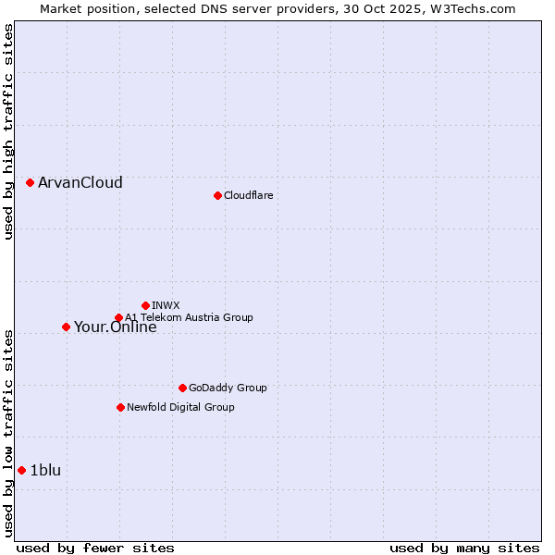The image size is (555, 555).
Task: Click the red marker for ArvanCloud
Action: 30,182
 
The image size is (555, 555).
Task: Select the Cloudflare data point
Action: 217,195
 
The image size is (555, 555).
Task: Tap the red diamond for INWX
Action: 145,305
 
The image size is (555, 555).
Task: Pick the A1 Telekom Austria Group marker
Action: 118,318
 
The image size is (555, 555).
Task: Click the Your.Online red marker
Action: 66,327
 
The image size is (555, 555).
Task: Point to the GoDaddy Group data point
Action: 182,388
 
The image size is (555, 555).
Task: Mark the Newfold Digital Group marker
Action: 120,407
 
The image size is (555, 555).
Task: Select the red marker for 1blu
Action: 21,470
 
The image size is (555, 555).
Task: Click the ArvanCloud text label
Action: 80,182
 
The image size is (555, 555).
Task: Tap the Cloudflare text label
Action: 248,195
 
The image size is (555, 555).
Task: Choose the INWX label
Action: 166,305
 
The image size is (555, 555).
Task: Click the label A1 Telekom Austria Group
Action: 189,317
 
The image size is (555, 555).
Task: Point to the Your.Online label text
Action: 115,327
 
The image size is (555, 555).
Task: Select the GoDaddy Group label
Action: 228,388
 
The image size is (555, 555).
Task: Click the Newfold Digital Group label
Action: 180,407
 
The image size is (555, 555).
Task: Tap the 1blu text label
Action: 45,470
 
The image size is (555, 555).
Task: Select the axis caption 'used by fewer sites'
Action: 95,548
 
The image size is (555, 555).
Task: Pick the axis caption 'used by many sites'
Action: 464,548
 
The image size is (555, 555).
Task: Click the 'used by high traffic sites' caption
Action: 8,131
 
